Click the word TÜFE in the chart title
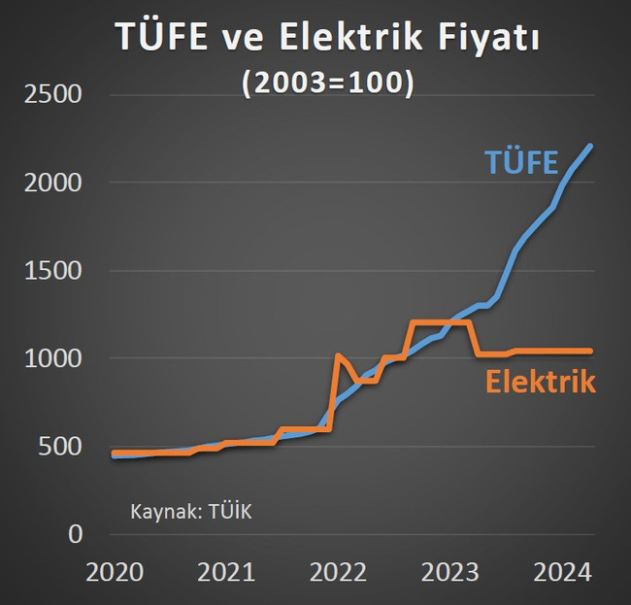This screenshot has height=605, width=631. (156, 37)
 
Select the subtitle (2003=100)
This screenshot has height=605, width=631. (328, 84)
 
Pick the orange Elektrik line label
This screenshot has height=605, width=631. (540, 382)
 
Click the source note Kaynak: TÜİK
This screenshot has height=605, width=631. (190, 511)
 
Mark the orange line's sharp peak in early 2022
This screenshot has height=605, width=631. (338, 355)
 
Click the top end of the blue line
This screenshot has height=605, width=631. (590, 147)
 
